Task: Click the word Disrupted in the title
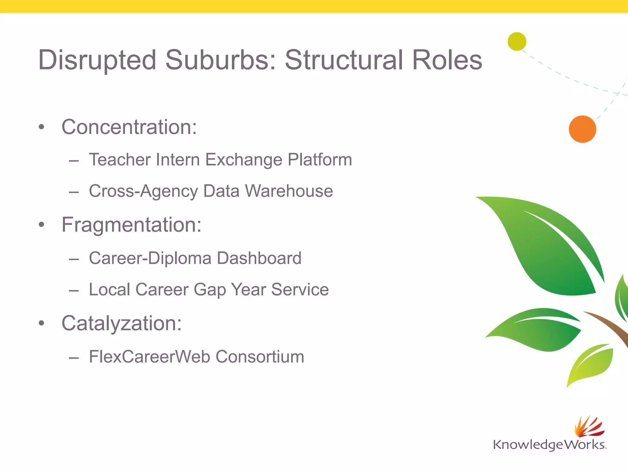click(x=97, y=60)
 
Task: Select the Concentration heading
click(x=129, y=127)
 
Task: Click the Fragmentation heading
click(x=131, y=225)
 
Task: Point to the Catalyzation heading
click(x=121, y=323)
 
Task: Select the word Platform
click(x=320, y=160)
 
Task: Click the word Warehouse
click(x=289, y=191)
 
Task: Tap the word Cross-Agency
click(x=144, y=192)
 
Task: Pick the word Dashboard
click(x=259, y=258)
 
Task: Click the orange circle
click(x=582, y=129)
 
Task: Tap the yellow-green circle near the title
click(x=517, y=41)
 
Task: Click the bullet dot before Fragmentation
click(x=41, y=225)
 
